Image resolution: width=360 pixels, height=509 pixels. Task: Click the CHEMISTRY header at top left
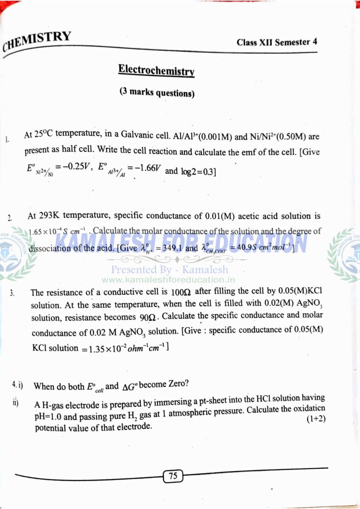(x=37, y=41)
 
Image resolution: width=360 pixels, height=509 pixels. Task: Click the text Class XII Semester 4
(x=276, y=42)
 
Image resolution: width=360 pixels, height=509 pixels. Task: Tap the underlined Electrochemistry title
(x=156, y=70)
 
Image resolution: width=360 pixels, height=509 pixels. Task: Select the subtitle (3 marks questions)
(x=156, y=92)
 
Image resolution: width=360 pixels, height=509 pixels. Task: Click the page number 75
(x=173, y=476)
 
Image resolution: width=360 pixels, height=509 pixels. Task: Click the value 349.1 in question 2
(x=169, y=248)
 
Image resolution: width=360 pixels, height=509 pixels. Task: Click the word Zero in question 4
(x=177, y=384)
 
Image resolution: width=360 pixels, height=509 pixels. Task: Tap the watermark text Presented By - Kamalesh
(x=169, y=269)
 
